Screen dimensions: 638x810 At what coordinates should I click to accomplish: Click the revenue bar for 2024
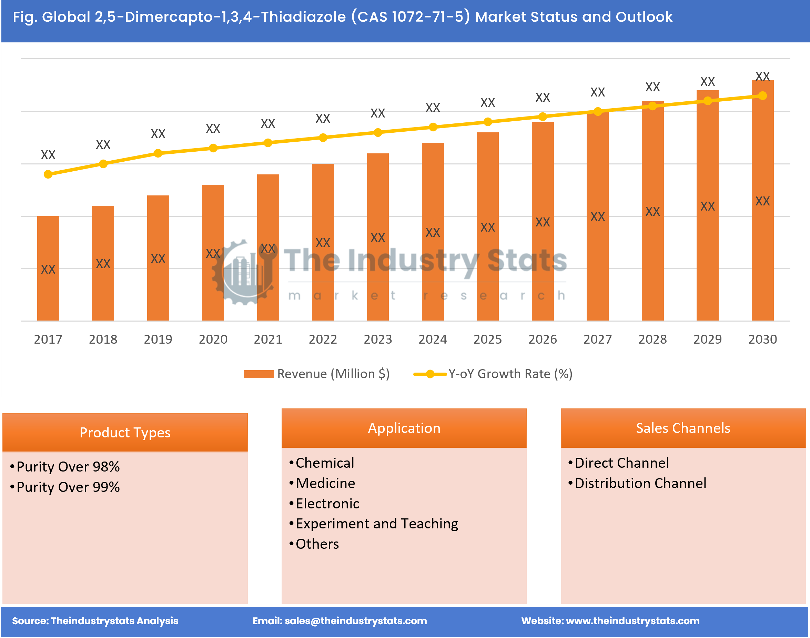pyautogui.click(x=433, y=232)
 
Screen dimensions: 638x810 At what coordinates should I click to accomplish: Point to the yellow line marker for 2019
pyautogui.click(x=158, y=153)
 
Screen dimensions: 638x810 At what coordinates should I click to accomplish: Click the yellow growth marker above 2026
pyautogui.click(x=543, y=117)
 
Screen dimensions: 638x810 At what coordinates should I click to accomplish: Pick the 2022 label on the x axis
pyautogui.click(x=323, y=339)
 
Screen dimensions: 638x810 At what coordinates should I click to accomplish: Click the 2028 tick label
pyautogui.click(x=652, y=339)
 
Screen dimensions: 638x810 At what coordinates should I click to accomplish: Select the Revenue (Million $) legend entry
pyautogui.click(x=317, y=374)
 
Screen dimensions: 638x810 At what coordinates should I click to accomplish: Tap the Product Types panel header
pyautogui.click(x=125, y=433)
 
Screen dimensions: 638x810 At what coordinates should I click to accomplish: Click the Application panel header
pyautogui.click(x=404, y=428)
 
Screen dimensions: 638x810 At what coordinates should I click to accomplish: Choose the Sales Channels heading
pyautogui.click(x=683, y=428)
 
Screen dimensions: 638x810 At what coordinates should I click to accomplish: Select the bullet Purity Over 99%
pyautogui.click(x=68, y=487)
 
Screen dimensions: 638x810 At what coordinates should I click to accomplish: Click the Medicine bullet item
pyautogui.click(x=325, y=483)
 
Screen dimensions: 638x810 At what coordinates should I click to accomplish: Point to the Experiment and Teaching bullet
pyautogui.click(x=376, y=524)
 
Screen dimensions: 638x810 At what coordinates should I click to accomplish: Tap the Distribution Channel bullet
pyautogui.click(x=640, y=483)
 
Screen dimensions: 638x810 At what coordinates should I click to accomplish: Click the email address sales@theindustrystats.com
pyautogui.click(x=355, y=621)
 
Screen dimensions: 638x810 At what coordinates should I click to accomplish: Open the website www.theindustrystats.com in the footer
pyautogui.click(x=632, y=621)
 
